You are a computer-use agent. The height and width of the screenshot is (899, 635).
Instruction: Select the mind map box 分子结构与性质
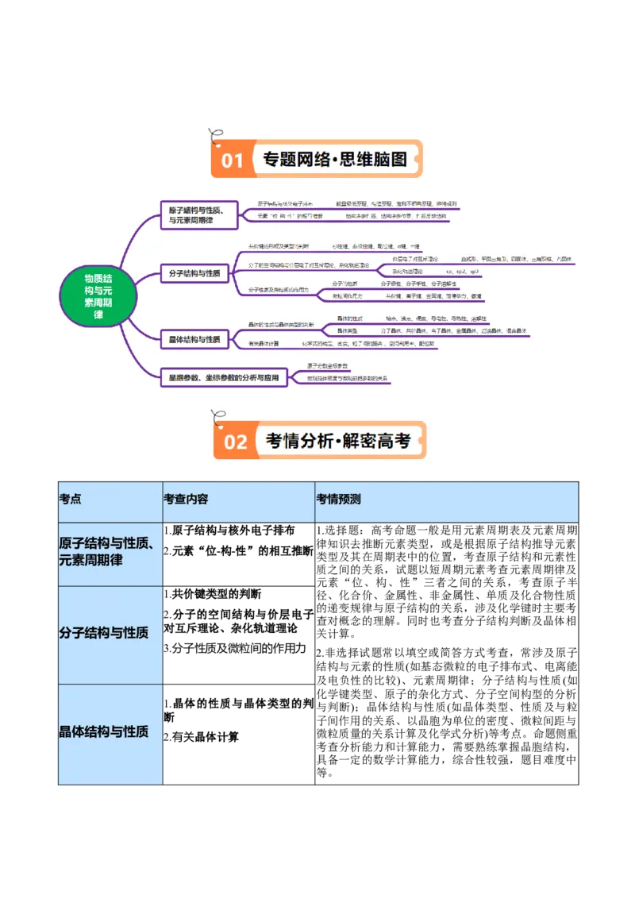click(x=194, y=274)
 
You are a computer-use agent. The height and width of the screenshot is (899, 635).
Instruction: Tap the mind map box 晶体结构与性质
click(x=194, y=340)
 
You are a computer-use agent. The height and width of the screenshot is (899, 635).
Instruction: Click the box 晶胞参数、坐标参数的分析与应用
click(x=223, y=378)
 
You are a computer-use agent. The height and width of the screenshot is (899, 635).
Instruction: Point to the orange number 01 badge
click(x=232, y=160)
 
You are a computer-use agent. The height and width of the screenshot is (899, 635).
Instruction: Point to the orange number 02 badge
click(x=235, y=442)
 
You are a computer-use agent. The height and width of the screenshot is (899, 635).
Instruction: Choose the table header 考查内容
click(x=186, y=500)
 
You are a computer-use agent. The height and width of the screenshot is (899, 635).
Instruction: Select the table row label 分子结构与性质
click(x=104, y=633)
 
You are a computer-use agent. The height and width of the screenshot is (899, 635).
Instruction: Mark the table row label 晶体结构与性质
click(x=104, y=731)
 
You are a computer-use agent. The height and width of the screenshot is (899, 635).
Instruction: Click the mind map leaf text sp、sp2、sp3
click(x=463, y=272)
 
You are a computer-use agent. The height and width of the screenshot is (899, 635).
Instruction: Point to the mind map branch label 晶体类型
click(x=348, y=330)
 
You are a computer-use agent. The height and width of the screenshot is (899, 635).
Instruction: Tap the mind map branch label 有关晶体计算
click(x=264, y=344)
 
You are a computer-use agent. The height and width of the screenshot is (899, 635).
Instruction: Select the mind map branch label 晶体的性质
click(x=349, y=318)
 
